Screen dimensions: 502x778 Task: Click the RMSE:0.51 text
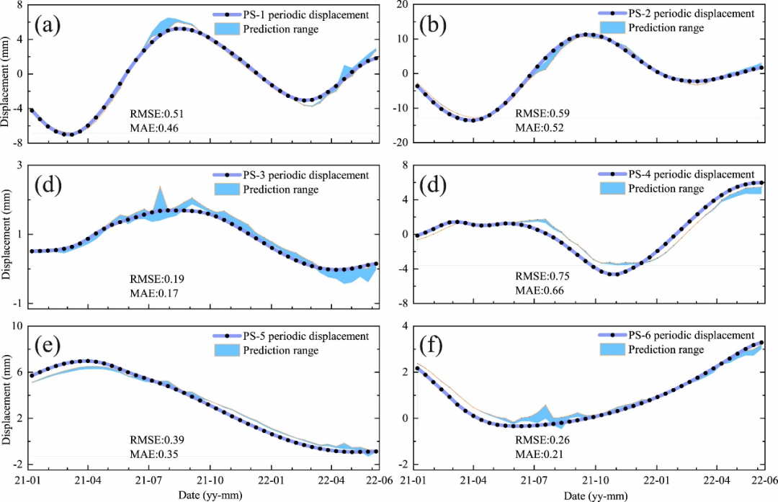[155, 114]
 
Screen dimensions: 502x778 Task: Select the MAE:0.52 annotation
[539, 127]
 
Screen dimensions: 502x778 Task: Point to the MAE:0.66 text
[539, 290]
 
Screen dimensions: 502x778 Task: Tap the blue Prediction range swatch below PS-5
[227, 351]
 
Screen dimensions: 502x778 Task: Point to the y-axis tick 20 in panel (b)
[403, 5]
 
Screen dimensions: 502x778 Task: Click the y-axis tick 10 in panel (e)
[18, 326]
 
